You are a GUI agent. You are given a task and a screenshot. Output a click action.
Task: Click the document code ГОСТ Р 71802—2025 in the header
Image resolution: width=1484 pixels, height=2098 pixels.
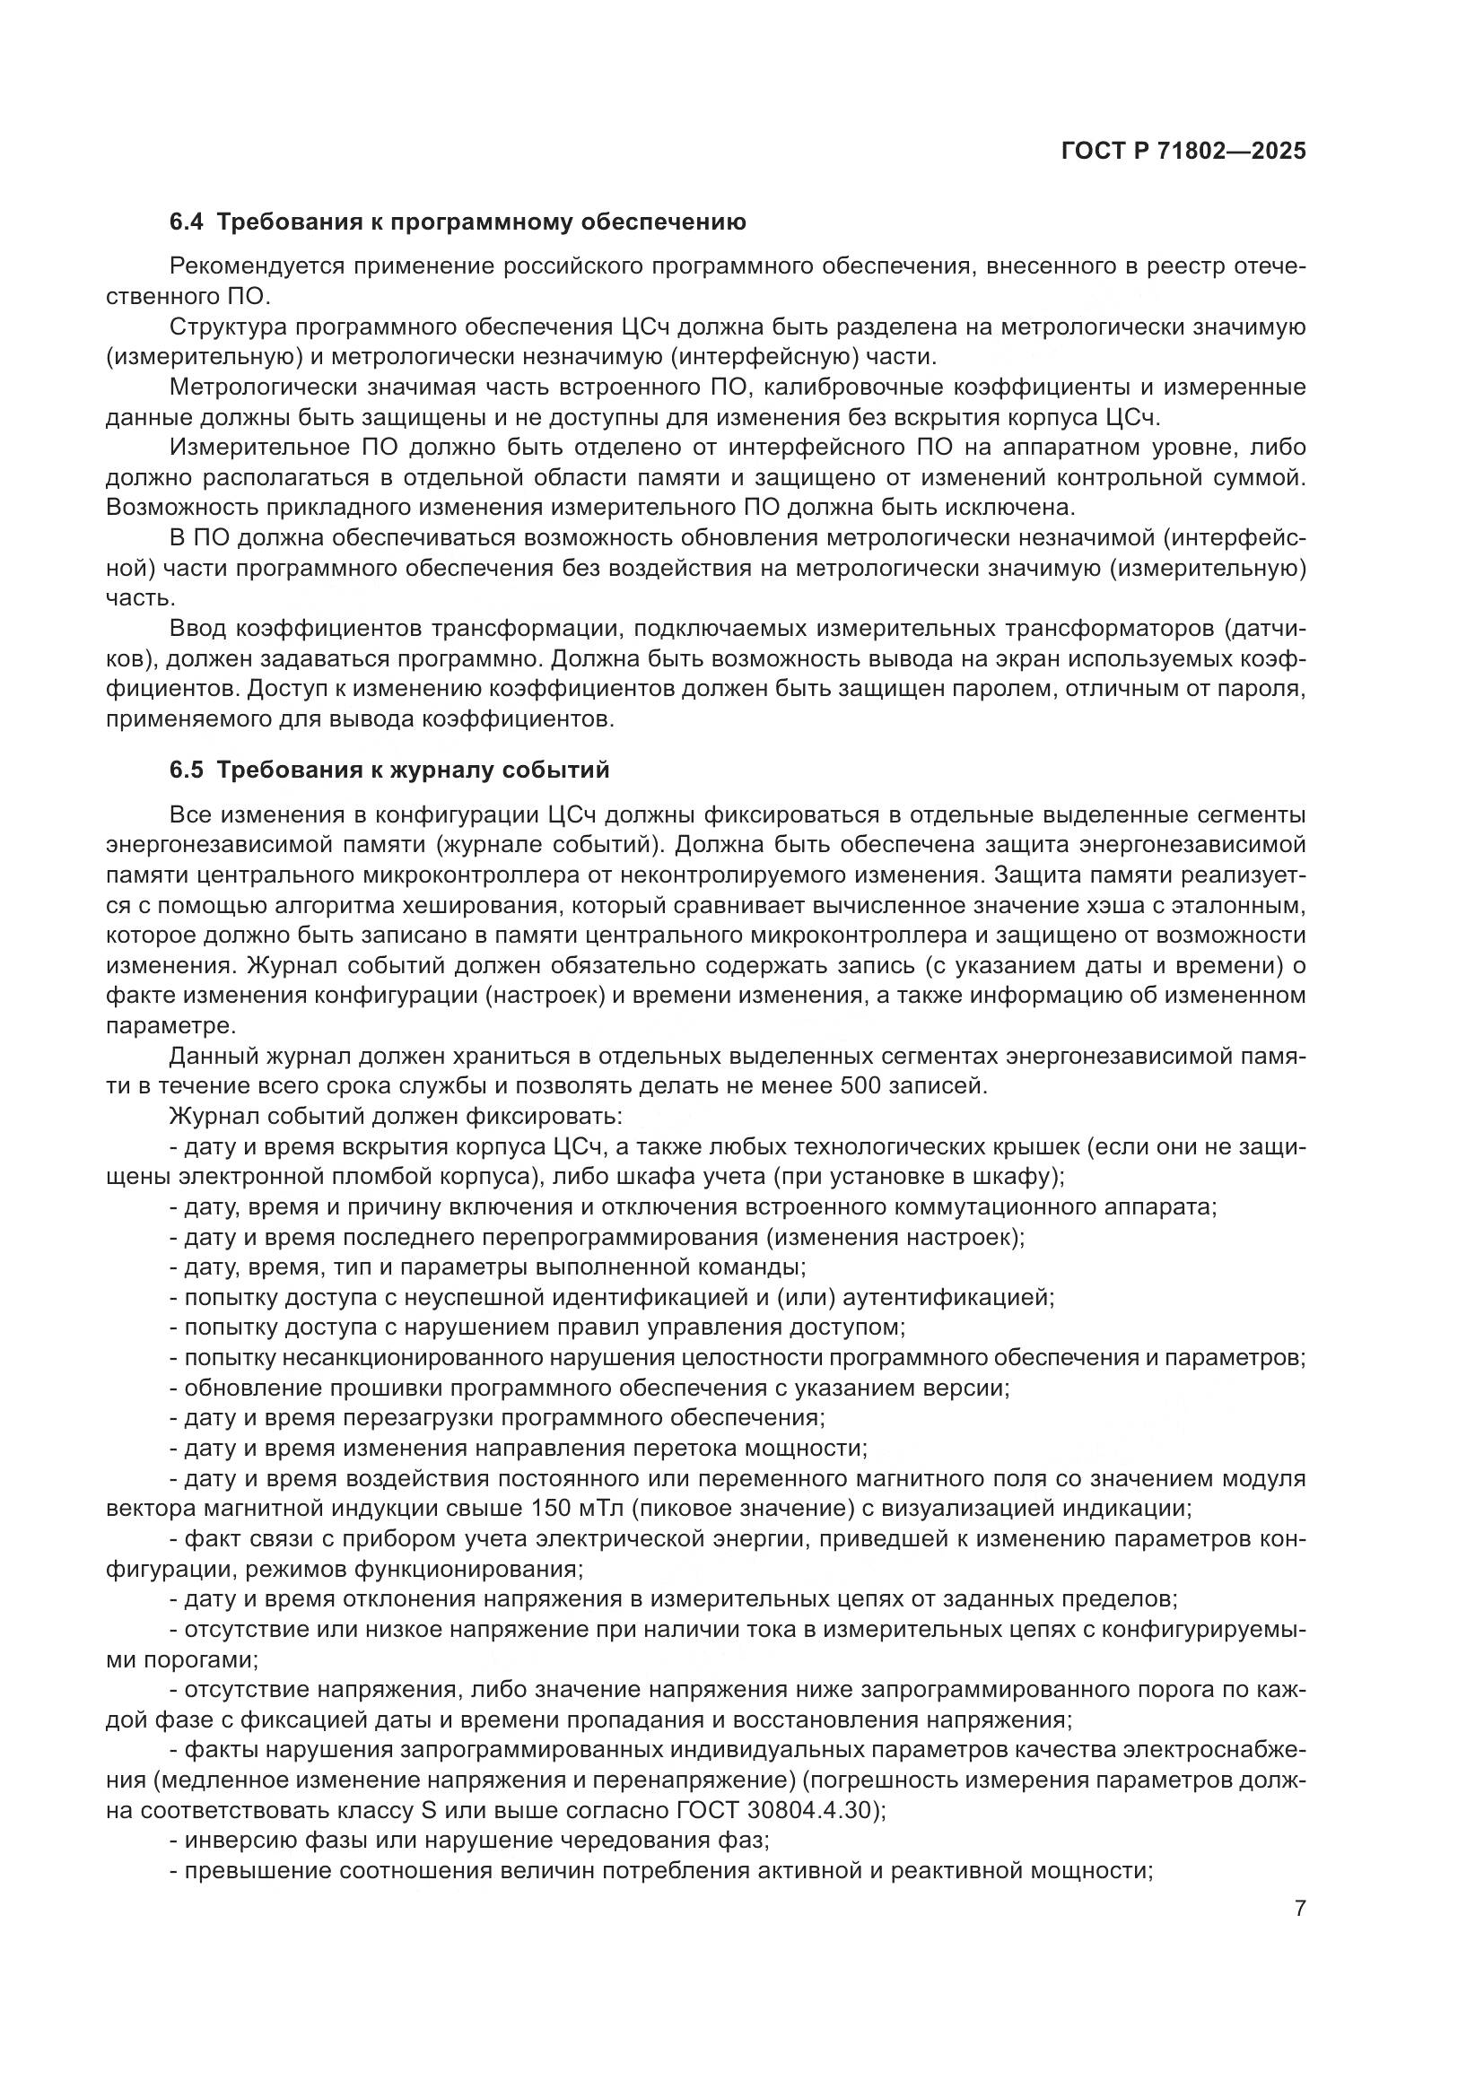coord(1183,152)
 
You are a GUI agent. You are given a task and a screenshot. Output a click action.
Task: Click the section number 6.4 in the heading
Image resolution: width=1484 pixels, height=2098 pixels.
coord(188,222)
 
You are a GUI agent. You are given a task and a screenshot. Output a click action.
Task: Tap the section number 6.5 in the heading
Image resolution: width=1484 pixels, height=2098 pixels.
coord(188,770)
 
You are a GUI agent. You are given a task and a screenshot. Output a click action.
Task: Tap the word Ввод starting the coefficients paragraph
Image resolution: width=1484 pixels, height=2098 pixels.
coord(198,629)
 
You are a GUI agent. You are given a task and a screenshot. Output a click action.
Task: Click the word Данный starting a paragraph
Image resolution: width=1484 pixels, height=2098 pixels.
coord(213,1057)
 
